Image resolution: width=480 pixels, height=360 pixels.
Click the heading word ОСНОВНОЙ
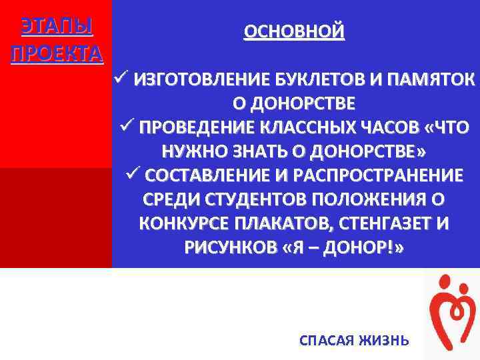294,31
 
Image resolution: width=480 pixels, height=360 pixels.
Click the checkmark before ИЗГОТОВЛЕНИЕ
122,81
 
